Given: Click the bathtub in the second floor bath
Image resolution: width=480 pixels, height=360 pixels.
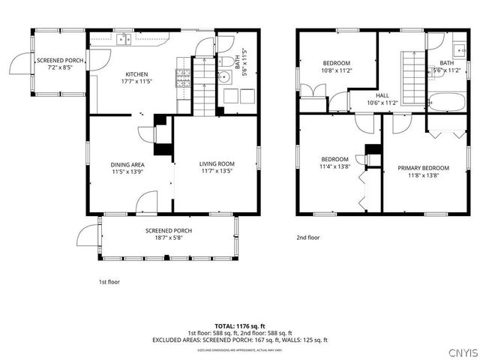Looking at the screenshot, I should (446, 100).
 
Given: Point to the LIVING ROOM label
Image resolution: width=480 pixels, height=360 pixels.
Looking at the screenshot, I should (217, 163).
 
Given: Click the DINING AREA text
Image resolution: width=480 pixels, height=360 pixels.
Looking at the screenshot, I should (127, 164).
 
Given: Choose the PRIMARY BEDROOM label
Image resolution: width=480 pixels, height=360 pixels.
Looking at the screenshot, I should (423, 168).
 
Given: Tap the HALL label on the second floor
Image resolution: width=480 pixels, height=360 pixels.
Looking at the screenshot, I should (382, 95).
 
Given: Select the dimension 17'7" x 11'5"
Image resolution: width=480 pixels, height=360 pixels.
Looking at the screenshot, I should (136, 81).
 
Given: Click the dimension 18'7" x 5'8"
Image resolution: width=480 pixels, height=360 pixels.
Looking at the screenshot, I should (169, 238).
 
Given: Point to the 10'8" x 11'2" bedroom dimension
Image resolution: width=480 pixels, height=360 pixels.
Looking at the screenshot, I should (337, 70).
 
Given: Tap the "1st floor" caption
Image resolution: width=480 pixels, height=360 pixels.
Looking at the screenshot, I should (109, 282).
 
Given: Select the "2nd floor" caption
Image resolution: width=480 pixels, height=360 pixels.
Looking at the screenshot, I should (307, 237).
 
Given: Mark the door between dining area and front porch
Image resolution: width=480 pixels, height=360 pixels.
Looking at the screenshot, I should (147, 201).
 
